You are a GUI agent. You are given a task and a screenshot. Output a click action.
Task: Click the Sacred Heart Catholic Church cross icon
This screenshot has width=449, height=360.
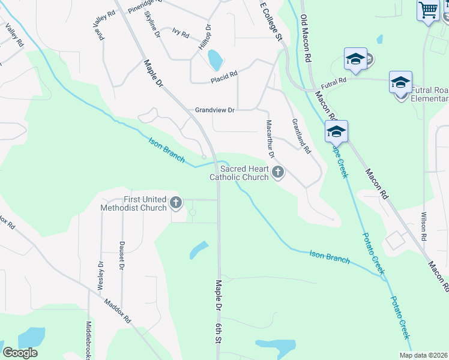277,173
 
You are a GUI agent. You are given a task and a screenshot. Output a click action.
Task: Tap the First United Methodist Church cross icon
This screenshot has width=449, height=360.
176,203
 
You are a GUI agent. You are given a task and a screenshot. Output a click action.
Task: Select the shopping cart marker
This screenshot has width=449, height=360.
427,10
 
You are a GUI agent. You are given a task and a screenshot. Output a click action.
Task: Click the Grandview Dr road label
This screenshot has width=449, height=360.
214,110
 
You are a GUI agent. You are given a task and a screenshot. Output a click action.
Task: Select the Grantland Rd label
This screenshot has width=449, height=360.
301,135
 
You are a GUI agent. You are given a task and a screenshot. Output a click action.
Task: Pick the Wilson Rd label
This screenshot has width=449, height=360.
424,226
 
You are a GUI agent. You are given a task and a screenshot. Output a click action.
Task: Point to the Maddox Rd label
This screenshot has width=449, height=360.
117,311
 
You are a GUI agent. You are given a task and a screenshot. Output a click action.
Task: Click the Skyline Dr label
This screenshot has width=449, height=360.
153,26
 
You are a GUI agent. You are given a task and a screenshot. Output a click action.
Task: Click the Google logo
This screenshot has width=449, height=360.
20,353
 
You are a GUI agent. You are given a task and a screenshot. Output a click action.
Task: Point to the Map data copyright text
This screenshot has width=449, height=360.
424,355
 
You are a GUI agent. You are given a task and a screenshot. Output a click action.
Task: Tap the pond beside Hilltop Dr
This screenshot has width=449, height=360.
215,59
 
